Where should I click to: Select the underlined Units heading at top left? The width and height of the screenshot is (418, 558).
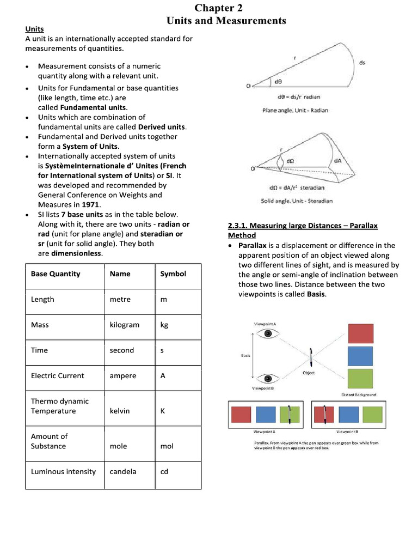click(x=34, y=29)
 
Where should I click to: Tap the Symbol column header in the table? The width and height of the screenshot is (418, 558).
click(x=173, y=274)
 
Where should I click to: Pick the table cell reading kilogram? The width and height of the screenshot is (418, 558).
click(x=124, y=325)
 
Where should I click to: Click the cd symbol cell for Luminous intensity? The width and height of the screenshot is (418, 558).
click(x=164, y=472)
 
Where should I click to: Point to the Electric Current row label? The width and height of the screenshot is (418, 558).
click(x=58, y=376)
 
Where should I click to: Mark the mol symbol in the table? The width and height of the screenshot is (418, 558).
click(x=167, y=446)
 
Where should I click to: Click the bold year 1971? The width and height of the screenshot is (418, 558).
click(x=91, y=205)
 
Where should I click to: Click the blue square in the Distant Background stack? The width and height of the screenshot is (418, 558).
click(x=360, y=356)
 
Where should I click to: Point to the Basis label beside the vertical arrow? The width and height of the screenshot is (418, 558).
click(x=245, y=356)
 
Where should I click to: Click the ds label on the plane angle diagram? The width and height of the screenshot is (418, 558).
click(x=362, y=63)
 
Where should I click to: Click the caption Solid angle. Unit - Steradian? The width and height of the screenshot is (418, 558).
click(x=297, y=201)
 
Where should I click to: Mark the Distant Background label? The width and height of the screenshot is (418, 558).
click(x=358, y=395)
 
